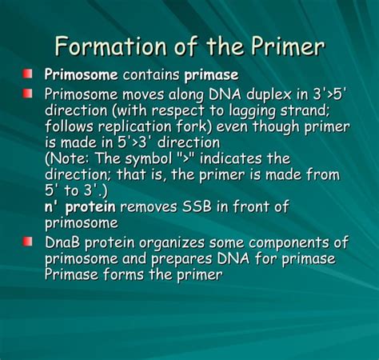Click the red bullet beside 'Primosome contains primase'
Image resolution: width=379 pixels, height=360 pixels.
point(28,74)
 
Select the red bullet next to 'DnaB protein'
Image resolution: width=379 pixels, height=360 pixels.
point(28,242)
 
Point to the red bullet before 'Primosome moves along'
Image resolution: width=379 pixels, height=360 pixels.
point(28,94)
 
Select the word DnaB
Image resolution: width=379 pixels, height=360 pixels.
point(65,242)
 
